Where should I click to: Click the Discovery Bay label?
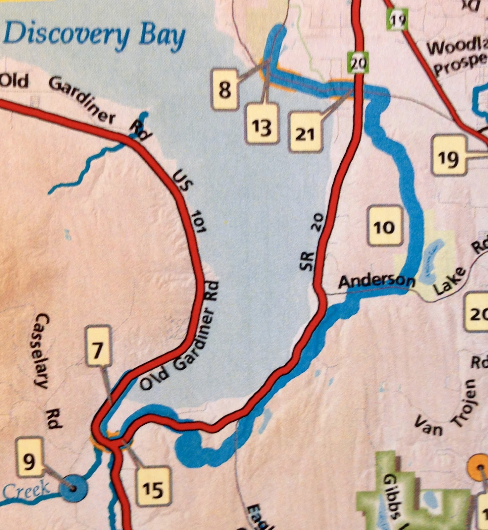tap(94, 36)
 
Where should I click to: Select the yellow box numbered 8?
tap(225, 88)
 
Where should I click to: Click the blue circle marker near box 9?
tap(73, 488)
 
